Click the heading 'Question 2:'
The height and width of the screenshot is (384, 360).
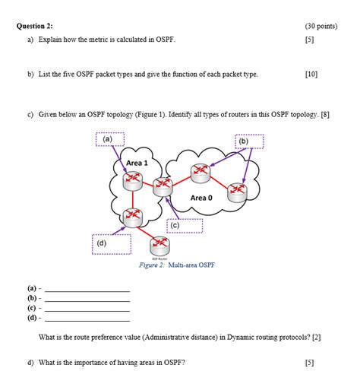point(37,26)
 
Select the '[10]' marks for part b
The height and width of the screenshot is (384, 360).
point(311,75)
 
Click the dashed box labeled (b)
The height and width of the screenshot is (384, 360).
point(244,141)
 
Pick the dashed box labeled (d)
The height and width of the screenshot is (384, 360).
point(112,244)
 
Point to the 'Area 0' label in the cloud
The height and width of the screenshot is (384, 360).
point(202,197)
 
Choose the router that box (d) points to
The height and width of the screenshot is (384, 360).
point(133,217)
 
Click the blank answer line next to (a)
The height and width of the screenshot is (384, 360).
point(88,290)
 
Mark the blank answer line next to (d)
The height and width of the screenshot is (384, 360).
point(88,319)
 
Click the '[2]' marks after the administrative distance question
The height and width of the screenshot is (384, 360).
point(316,336)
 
